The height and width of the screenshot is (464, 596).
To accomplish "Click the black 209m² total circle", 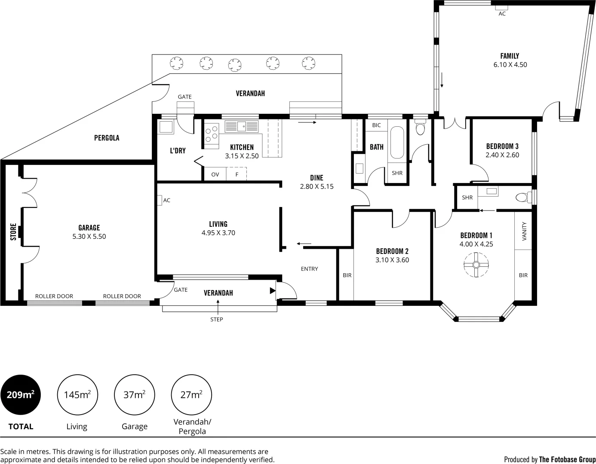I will pyautogui.click(x=21, y=394).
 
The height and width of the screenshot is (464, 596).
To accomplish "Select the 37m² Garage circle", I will pyautogui.click(x=134, y=394).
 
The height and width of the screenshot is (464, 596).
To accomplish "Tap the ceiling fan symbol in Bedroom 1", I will pyautogui.click(x=476, y=265).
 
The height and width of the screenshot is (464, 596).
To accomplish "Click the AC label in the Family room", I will pyautogui.click(x=502, y=14).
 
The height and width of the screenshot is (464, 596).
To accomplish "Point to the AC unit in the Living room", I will pyautogui.click(x=160, y=200).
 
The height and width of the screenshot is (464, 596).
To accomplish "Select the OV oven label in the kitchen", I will pyautogui.click(x=215, y=174).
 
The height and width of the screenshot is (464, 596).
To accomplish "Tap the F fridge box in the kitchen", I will pyautogui.click(x=237, y=174).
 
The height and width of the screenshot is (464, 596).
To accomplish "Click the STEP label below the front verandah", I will pyautogui.click(x=217, y=319).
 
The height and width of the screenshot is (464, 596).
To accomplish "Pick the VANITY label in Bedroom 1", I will pyautogui.click(x=524, y=231).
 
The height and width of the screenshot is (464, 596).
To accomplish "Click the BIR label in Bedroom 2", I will pyautogui.click(x=347, y=275).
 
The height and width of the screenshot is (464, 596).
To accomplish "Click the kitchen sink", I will pyautogui.click(x=241, y=126).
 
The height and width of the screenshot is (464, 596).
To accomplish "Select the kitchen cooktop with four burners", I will pyautogui.click(x=211, y=134).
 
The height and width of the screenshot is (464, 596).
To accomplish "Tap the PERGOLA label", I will pyautogui.click(x=107, y=138).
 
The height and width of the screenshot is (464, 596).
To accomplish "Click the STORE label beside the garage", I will pyautogui.click(x=13, y=232).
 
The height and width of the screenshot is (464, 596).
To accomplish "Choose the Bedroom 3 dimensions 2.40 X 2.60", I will pyautogui.click(x=502, y=155).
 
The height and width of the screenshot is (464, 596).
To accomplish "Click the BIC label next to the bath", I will pyautogui.click(x=376, y=125).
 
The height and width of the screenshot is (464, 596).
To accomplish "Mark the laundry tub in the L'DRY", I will pyautogui.click(x=166, y=127).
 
